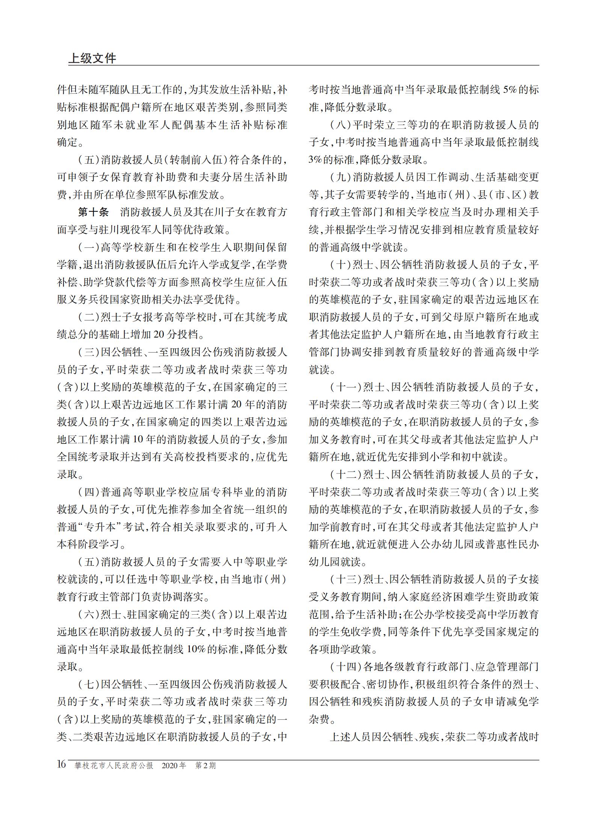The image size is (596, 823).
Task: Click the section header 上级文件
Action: (92, 58)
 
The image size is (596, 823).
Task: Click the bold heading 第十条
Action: (93, 212)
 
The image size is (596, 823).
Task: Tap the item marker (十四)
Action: (345, 667)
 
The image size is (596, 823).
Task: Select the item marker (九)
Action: (340, 177)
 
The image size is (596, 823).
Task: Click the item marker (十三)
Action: (345, 579)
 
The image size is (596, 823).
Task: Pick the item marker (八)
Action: (340, 125)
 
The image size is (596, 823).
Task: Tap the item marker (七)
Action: (89, 684)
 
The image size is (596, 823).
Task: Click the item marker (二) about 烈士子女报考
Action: (89, 317)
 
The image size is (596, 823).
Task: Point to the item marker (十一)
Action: (345, 387)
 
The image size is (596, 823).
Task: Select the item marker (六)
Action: (89, 615)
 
